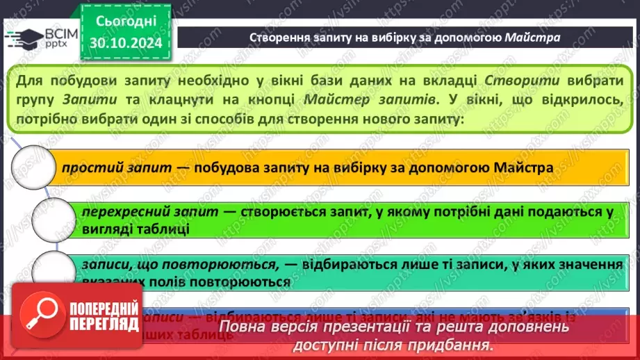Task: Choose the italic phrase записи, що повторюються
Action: pyautogui.click(x=135, y=265)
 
